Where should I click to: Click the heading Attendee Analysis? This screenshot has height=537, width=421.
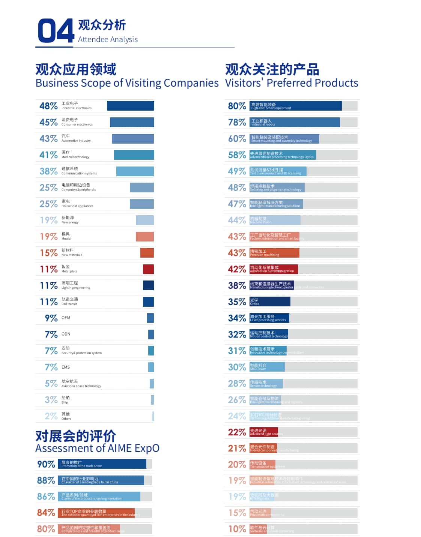pyautogui.click(x=108, y=39)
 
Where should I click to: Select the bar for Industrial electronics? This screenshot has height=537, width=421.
pyautogui.click(x=130, y=106)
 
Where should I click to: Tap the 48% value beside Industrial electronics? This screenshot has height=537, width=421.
pyautogui.click(x=48, y=106)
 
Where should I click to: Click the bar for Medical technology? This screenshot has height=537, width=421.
pyautogui.click(x=134, y=155)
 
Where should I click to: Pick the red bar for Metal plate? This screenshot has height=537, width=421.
pyautogui.click(x=148, y=269)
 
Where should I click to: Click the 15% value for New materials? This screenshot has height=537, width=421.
pyautogui.click(x=48, y=253)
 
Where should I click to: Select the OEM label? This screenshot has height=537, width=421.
pyautogui.click(x=66, y=318)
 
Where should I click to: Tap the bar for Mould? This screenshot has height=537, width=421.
pyautogui.click(x=144, y=237)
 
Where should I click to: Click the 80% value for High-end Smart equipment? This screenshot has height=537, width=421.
pyautogui.click(x=237, y=106)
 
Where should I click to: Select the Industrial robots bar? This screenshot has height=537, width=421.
pyautogui.click(x=295, y=122)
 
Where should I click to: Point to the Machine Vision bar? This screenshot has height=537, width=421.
pyautogui.click(x=275, y=220)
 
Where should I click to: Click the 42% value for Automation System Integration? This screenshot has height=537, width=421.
pyautogui.click(x=237, y=269)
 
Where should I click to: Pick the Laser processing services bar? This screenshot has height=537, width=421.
pyautogui.click(x=269, y=318)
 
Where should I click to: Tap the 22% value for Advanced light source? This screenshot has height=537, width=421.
pyautogui.click(x=237, y=432)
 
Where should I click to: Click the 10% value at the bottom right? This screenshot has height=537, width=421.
pyautogui.click(x=237, y=529)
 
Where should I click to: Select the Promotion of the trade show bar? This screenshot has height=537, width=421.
pyautogui.click(x=102, y=464)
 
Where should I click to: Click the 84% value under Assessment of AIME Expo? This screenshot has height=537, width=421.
pyautogui.click(x=46, y=513)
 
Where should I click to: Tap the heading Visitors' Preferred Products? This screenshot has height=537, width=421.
pyautogui.click(x=292, y=83)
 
